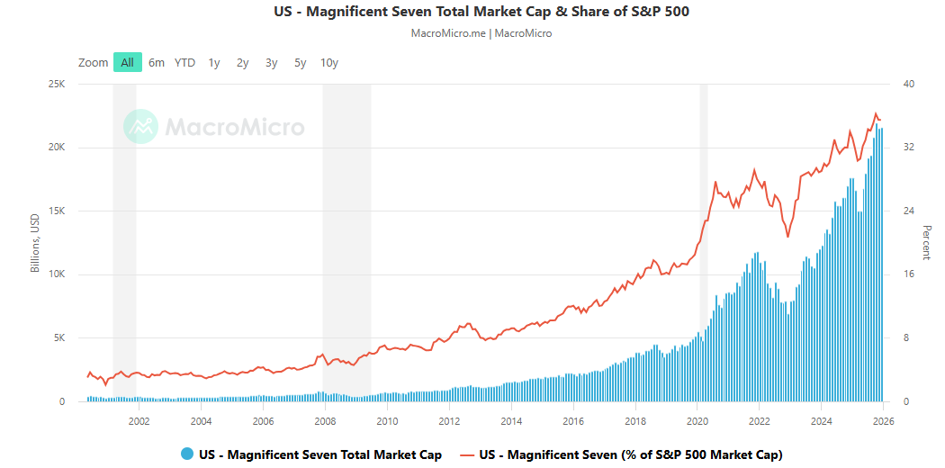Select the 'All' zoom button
pyautogui.click(x=128, y=62)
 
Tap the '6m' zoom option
pyautogui.click(x=157, y=62)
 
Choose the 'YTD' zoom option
pyautogui.click(x=184, y=62)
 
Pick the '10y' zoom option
pyautogui.click(x=329, y=62)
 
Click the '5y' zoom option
pyautogui.click(x=301, y=62)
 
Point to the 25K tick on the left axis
pyautogui.click(x=56, y=85)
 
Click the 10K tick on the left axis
pyautogui.click(x=56, y=274)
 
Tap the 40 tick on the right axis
pyautogui.click(x=908, y=85)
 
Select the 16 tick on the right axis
pyautogui.click(x=908, y=274)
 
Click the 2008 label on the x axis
pyautogui.click(x=325, y=420)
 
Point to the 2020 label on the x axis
pyautogui.click(x=697, y=420)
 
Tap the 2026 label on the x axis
pyautogui.click(x=883, y=420)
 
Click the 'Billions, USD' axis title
pyautogui.click(x=35, y=243)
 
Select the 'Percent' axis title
pyautogui.click(x=926, y=243)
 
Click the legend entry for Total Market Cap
pyautogui.click(x=319, y=454)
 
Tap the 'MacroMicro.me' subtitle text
pyautogui.click(x=448, y=33)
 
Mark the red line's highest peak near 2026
pyautogui.click(x=876, y=113)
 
